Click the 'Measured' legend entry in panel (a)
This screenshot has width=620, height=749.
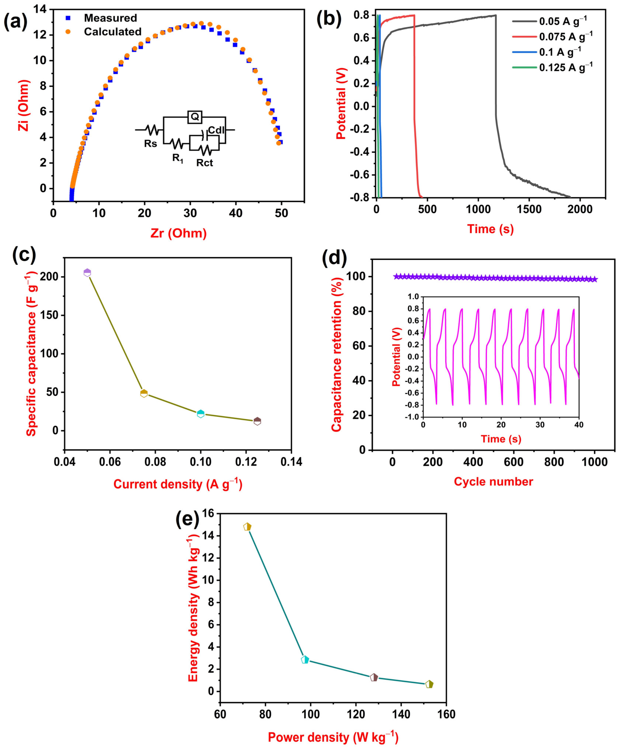click(110, 18)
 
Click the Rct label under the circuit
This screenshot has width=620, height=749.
click(205, 163)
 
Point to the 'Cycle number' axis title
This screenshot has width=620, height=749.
click(493, 481)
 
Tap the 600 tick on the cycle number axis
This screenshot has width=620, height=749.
click(514, 462)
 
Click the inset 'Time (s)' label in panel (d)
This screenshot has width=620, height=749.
click(501, 439)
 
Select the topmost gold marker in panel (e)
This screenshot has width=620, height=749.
click(247, 527)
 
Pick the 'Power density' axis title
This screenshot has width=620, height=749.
click(333, 737)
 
